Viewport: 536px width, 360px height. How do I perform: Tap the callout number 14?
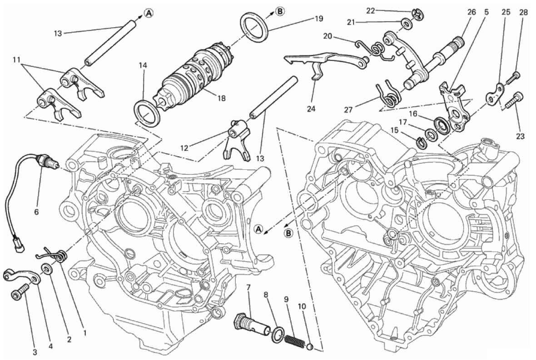(143, 65)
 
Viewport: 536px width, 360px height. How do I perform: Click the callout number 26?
(471, 12)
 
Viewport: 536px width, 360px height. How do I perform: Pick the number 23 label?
(520, 136)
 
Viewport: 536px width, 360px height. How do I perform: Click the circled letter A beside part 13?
(149, 13)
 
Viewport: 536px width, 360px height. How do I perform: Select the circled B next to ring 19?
(280, 11)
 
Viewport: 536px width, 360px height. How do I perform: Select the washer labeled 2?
(47, 270)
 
